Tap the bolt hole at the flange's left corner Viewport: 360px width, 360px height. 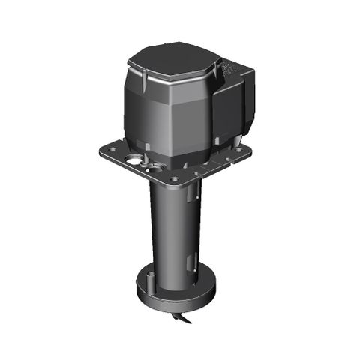pyautogui.click(x=109, y=150)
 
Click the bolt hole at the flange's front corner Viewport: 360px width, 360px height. pyautogui.click(x=174, y=180)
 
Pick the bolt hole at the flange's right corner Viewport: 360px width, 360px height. pyautogui.click(x=238, y=150)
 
